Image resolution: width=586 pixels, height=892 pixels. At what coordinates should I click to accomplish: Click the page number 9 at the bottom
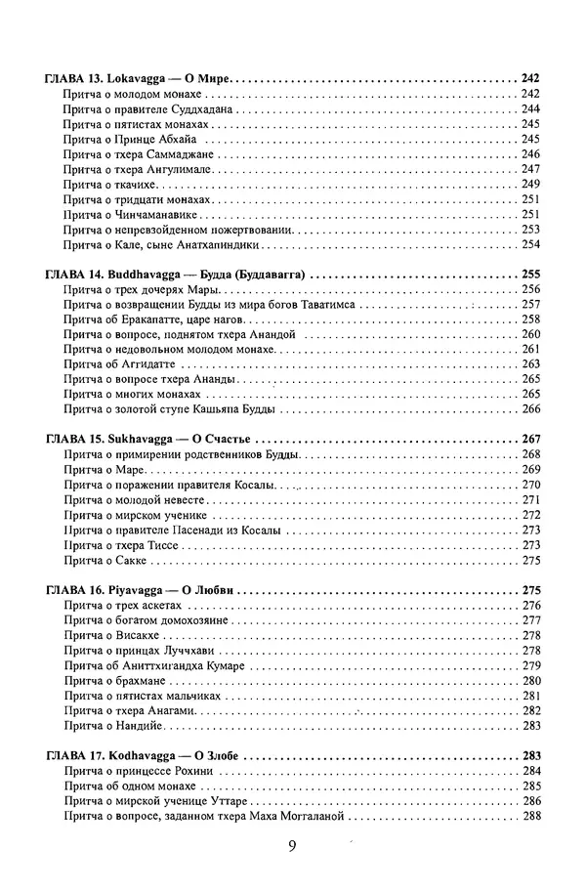coord(292,847)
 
